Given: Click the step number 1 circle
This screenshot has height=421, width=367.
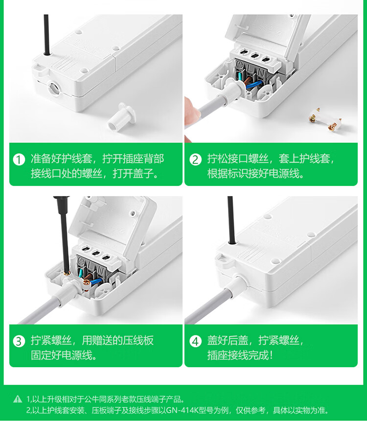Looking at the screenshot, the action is pos(19,160).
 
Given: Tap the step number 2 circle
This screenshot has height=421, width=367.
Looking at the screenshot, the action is pos(195,160).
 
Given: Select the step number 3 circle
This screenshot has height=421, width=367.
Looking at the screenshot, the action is pos(19,341).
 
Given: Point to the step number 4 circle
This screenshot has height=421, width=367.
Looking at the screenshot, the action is pos(195,341).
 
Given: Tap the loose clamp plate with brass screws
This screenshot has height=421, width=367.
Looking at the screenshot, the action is pos(325,120).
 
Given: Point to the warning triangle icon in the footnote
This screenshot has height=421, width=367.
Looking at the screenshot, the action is pos(18,399).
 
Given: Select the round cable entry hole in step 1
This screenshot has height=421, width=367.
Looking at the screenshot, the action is pos(53,88).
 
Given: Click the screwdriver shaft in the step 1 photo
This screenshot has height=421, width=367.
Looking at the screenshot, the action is pos(46,35).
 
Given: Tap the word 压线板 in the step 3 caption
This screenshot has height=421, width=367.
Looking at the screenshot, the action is pos(138,340).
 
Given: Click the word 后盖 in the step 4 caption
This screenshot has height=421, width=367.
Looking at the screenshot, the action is pos(238,340).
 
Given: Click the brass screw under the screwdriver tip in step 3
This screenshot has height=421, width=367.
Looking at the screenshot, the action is pos(68,273).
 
